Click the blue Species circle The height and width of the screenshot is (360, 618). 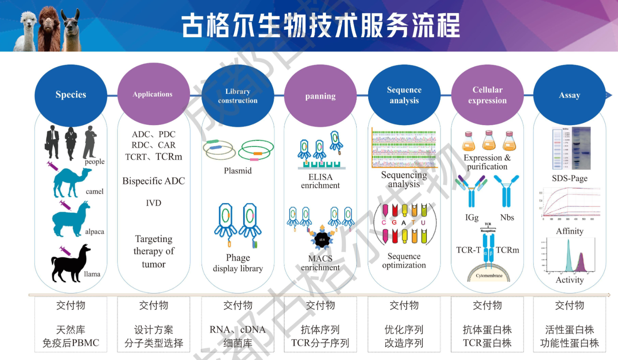pyautogui.click(x=71, y=95)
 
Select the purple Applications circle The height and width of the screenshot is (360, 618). pyautogui.click(x=153, y=94)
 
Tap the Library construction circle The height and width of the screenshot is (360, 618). pyautogui.click(x=238, y=96)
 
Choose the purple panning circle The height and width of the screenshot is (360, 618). pyautogui.click(x=320, y=96)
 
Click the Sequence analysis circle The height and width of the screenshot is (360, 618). pyautogui.click(x=404, y=95)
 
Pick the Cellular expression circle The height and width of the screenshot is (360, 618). pyautogui.click(x=487, y=95)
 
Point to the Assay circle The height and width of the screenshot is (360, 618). pyautogui.click(x=569, y=95)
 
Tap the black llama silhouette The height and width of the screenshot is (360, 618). pyautogui.click(x=70, y=263)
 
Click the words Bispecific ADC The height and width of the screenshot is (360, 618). pyautogui.click(x=154, y=181)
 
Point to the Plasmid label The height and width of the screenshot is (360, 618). pyautogui.click(x=238, y=171)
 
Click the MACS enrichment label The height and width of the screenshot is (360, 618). pyautogui.click(x=320, y=263)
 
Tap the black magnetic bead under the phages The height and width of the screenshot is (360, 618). pyautogui.click(x=322, y=239)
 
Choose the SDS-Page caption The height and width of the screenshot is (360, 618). pyautogui.click(x=570, y=178)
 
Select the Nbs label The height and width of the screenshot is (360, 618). pyautogui.click(x=507, y=217)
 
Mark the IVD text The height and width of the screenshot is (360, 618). pyautogui.click(x=154, y=203)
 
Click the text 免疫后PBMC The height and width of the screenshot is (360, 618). pyautogui.click(x=71, y=343)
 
